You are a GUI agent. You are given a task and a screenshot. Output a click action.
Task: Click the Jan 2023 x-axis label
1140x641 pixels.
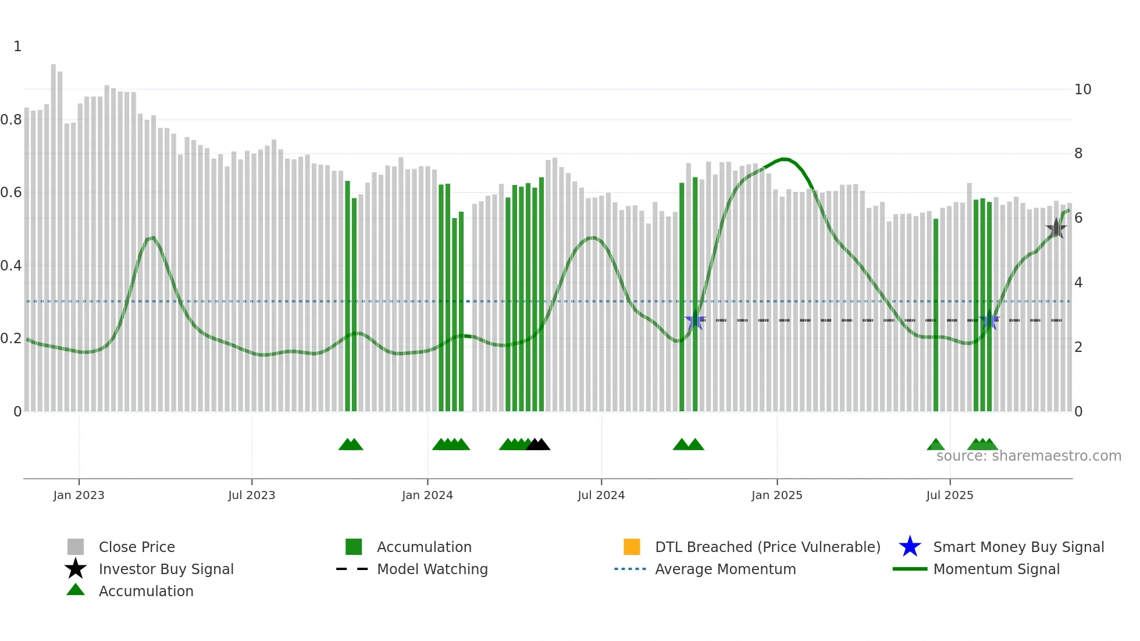point(79,495)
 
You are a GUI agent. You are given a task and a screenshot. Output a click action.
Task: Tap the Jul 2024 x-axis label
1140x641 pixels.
point(601,495)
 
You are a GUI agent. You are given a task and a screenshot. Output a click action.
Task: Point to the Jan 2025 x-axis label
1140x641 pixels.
point(776,495)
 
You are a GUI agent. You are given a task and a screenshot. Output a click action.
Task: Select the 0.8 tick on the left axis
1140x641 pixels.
point(11,120)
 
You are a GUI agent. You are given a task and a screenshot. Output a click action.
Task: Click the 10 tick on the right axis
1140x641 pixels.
point(1082,90)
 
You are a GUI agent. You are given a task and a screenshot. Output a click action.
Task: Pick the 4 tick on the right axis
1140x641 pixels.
point(1078,283)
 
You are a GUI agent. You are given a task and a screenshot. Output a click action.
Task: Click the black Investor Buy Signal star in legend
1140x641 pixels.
point(76,569)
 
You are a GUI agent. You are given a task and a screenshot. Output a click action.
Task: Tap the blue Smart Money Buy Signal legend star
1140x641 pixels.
point(910,547)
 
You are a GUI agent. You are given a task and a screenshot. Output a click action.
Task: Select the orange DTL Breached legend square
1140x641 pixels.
point(632,547)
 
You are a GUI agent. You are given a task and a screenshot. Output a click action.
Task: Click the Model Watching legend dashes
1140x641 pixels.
point(352,569)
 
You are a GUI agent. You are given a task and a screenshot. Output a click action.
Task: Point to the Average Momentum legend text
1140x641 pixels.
point(725,569)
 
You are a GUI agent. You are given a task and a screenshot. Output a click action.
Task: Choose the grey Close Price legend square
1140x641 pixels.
point(76,547)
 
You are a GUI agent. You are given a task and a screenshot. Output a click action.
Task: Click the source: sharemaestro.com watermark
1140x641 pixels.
point(1028,456)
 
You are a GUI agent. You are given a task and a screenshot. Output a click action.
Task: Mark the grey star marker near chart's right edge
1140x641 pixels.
point(1056,229)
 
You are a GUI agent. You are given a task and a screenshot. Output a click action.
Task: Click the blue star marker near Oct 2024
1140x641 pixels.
point(695,320)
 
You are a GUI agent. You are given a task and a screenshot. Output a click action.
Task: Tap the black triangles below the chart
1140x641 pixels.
point(538,445)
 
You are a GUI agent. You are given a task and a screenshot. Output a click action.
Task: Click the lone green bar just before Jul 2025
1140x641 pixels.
point(936,314)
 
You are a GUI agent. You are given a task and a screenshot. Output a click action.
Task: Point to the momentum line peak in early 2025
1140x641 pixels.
point(784,159)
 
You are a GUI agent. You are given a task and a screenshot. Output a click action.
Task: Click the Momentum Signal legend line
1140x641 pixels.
point(910,569)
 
